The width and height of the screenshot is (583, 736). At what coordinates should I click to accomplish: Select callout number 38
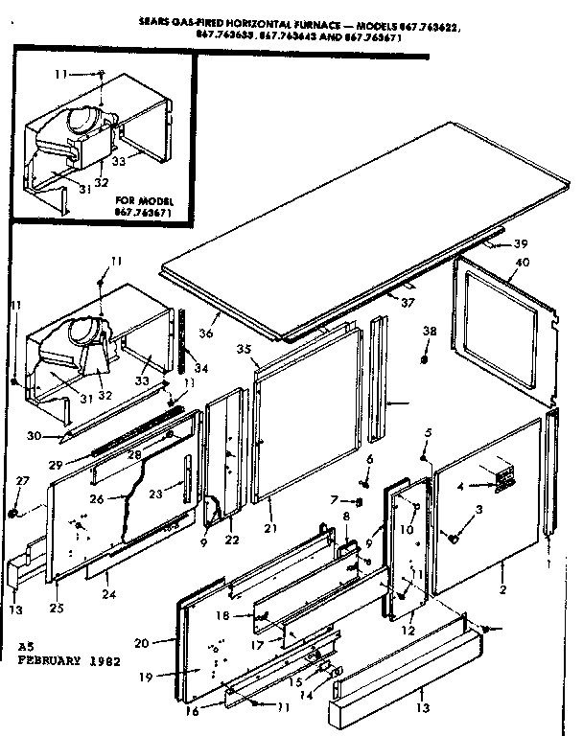429,331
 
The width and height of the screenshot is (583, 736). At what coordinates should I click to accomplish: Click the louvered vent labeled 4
500,478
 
